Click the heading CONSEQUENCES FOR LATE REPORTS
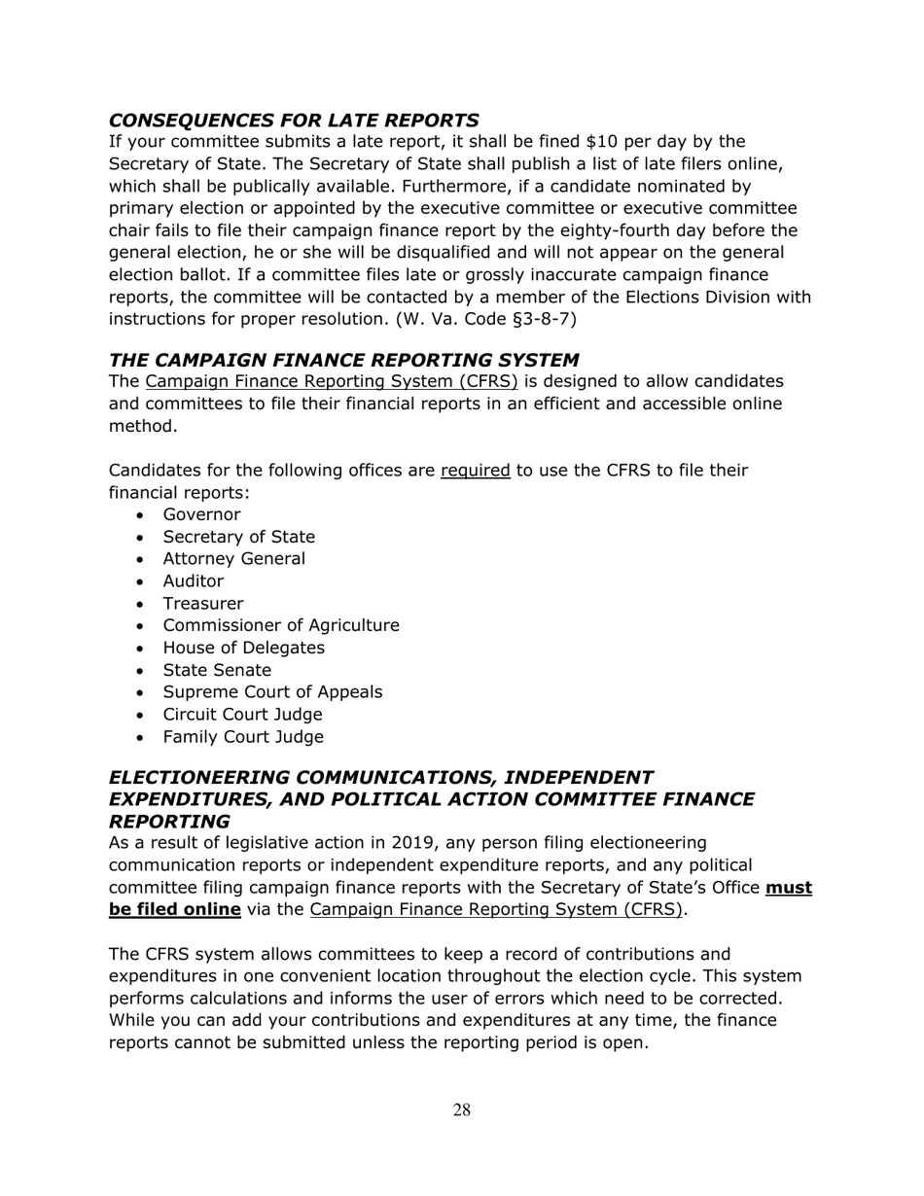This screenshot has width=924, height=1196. point(293,121)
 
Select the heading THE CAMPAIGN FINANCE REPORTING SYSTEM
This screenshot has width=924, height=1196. point(344,359)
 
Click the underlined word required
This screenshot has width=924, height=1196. point(475,472)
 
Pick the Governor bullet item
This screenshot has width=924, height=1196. point(201,515)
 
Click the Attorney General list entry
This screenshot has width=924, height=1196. point(233,559)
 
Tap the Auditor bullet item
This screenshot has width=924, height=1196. point(193,581)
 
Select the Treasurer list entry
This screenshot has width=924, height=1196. point(203,604)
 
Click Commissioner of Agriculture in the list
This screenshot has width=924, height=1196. point(280,626)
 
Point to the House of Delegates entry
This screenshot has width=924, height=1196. point(243,649)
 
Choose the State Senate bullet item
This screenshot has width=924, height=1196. point(217,671)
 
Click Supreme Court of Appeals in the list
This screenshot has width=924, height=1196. point(272,693)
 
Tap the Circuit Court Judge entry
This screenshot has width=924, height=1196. point(242,716)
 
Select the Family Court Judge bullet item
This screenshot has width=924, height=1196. point(242,738)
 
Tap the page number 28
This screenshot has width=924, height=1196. point(461,1110)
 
